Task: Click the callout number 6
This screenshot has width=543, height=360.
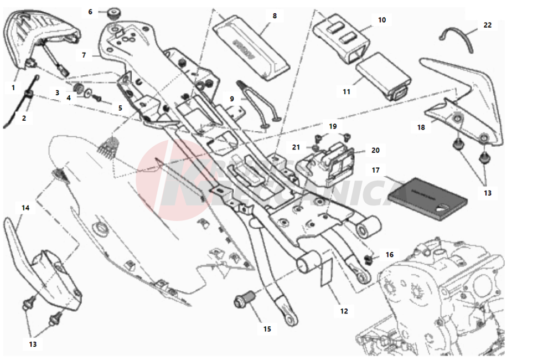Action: pos(91,11)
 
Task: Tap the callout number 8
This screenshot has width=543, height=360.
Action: pos(275,16)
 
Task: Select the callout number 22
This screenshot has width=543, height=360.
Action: pos(487,25)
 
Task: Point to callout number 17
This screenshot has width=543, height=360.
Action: pos(376,170)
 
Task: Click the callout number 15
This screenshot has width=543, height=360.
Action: pos(267,329)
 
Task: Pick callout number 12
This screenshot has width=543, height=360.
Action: pos(344,311)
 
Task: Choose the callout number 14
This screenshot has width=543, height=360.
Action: pos(25,208)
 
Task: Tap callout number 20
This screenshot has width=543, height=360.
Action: pos(375,150)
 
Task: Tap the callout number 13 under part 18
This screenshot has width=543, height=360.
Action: pos(487,193)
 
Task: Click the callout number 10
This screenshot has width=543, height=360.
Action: pos(382,20)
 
